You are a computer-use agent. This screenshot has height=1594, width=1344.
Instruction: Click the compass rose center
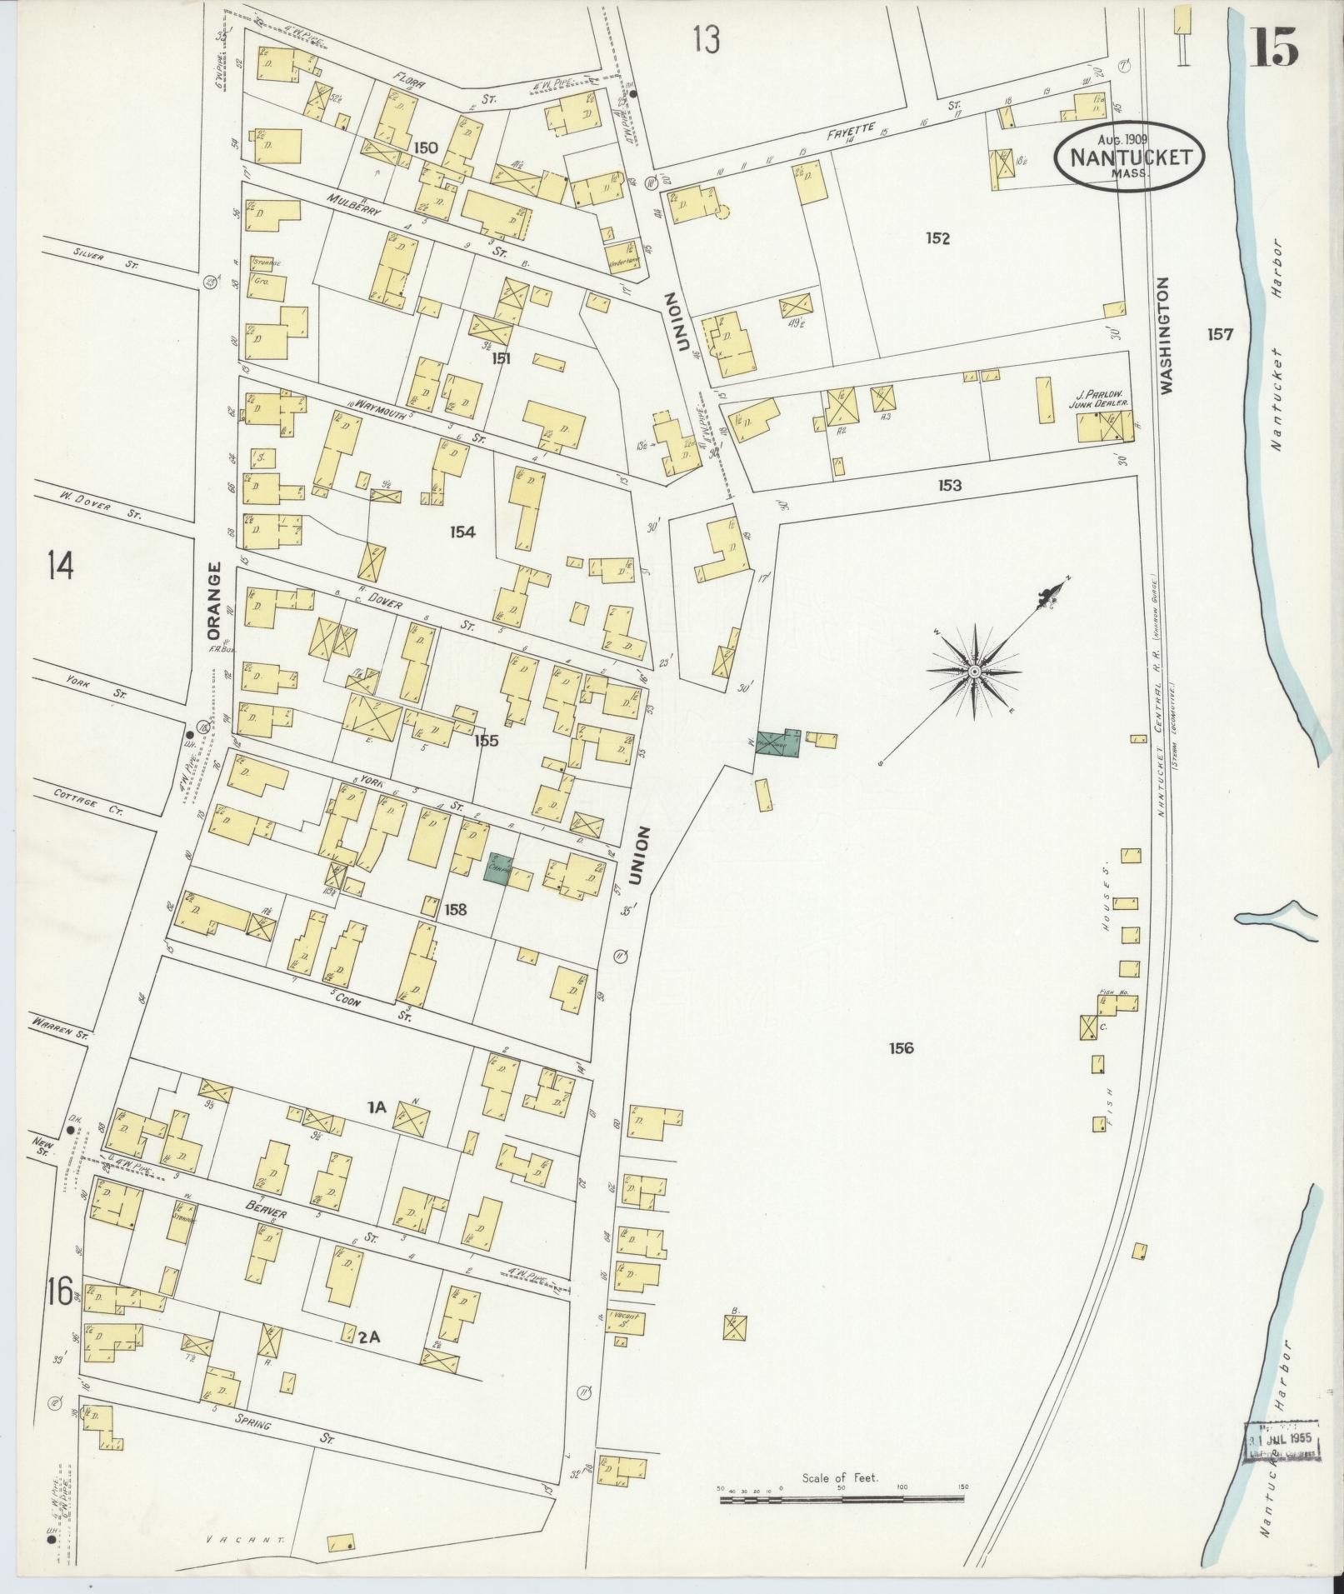point(973,671)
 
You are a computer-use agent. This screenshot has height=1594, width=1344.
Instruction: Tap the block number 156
point(901,1047)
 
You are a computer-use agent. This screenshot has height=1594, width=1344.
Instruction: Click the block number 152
point(937,238)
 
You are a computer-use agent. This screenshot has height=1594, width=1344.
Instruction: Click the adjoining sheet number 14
point(60,566)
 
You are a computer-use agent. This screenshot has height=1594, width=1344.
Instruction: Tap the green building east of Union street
point(777,741)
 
